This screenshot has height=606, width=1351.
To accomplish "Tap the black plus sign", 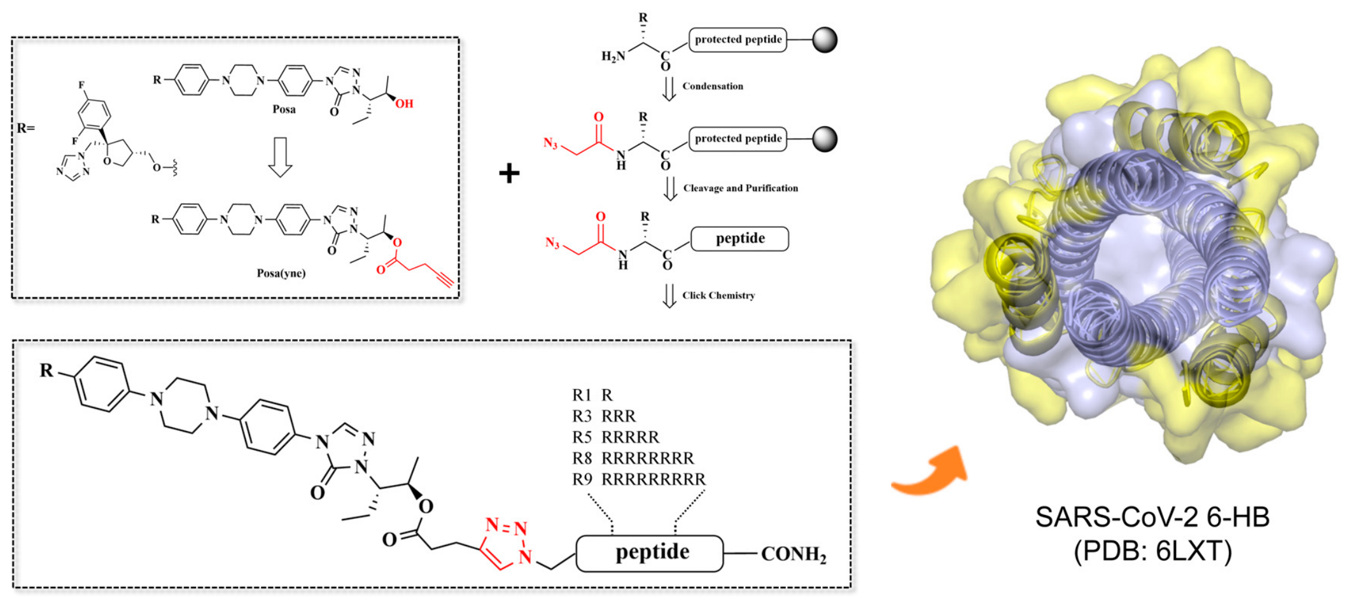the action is point(509,173).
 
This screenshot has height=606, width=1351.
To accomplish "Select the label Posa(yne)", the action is point(281,273).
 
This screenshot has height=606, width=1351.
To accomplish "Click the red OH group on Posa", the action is point(404,104).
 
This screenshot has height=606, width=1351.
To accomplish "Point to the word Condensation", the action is point(713,86).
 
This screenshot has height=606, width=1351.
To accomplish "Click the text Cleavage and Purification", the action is point(741,188).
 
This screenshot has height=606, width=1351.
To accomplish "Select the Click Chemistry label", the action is point(718,295).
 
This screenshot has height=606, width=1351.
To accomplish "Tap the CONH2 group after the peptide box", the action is point(794,554).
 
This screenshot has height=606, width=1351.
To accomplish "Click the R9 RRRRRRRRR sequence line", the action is point(639,479).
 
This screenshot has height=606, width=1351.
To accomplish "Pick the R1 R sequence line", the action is point(592,395).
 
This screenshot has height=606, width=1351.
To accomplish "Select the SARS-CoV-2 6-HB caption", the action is point(1152,517).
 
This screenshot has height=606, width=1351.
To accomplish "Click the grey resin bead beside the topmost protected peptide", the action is point(825,39).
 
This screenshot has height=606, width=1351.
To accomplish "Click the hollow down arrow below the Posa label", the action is point(280,157).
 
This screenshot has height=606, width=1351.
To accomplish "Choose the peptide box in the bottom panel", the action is point(650,553).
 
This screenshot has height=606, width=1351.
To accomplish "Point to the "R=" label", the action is point(25,128).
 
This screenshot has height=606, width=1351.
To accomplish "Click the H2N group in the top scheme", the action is point(613,57).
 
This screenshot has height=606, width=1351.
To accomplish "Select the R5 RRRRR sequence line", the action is point(616,437).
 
